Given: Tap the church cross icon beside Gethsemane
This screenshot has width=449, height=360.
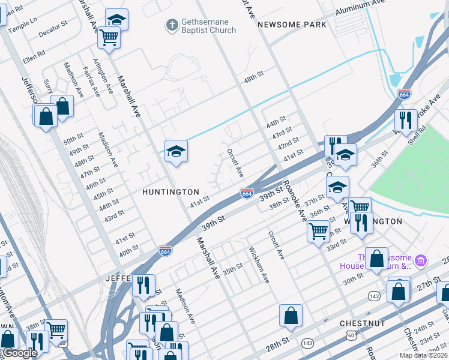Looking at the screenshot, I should coord(172,25).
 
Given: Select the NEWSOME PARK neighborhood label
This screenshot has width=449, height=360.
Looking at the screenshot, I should coord(292,25).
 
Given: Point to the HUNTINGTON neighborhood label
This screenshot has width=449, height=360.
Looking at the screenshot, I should coord(170,192).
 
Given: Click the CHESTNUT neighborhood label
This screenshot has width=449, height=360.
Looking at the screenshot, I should coord(362,323).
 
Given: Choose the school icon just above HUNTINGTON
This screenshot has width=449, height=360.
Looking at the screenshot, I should coord(176,151).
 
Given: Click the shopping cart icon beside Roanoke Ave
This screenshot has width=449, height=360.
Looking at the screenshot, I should coord(318,230).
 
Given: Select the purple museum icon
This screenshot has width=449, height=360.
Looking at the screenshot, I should coord(421,260).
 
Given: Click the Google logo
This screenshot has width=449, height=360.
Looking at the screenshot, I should coord(19,353).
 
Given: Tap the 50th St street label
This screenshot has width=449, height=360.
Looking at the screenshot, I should coord(73,139).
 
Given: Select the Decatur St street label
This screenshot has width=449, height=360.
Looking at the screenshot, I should coord(53,28).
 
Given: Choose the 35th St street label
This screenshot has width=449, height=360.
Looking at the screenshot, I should coord(233,266).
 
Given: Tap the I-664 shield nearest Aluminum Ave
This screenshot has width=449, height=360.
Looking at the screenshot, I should coord(404,94).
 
